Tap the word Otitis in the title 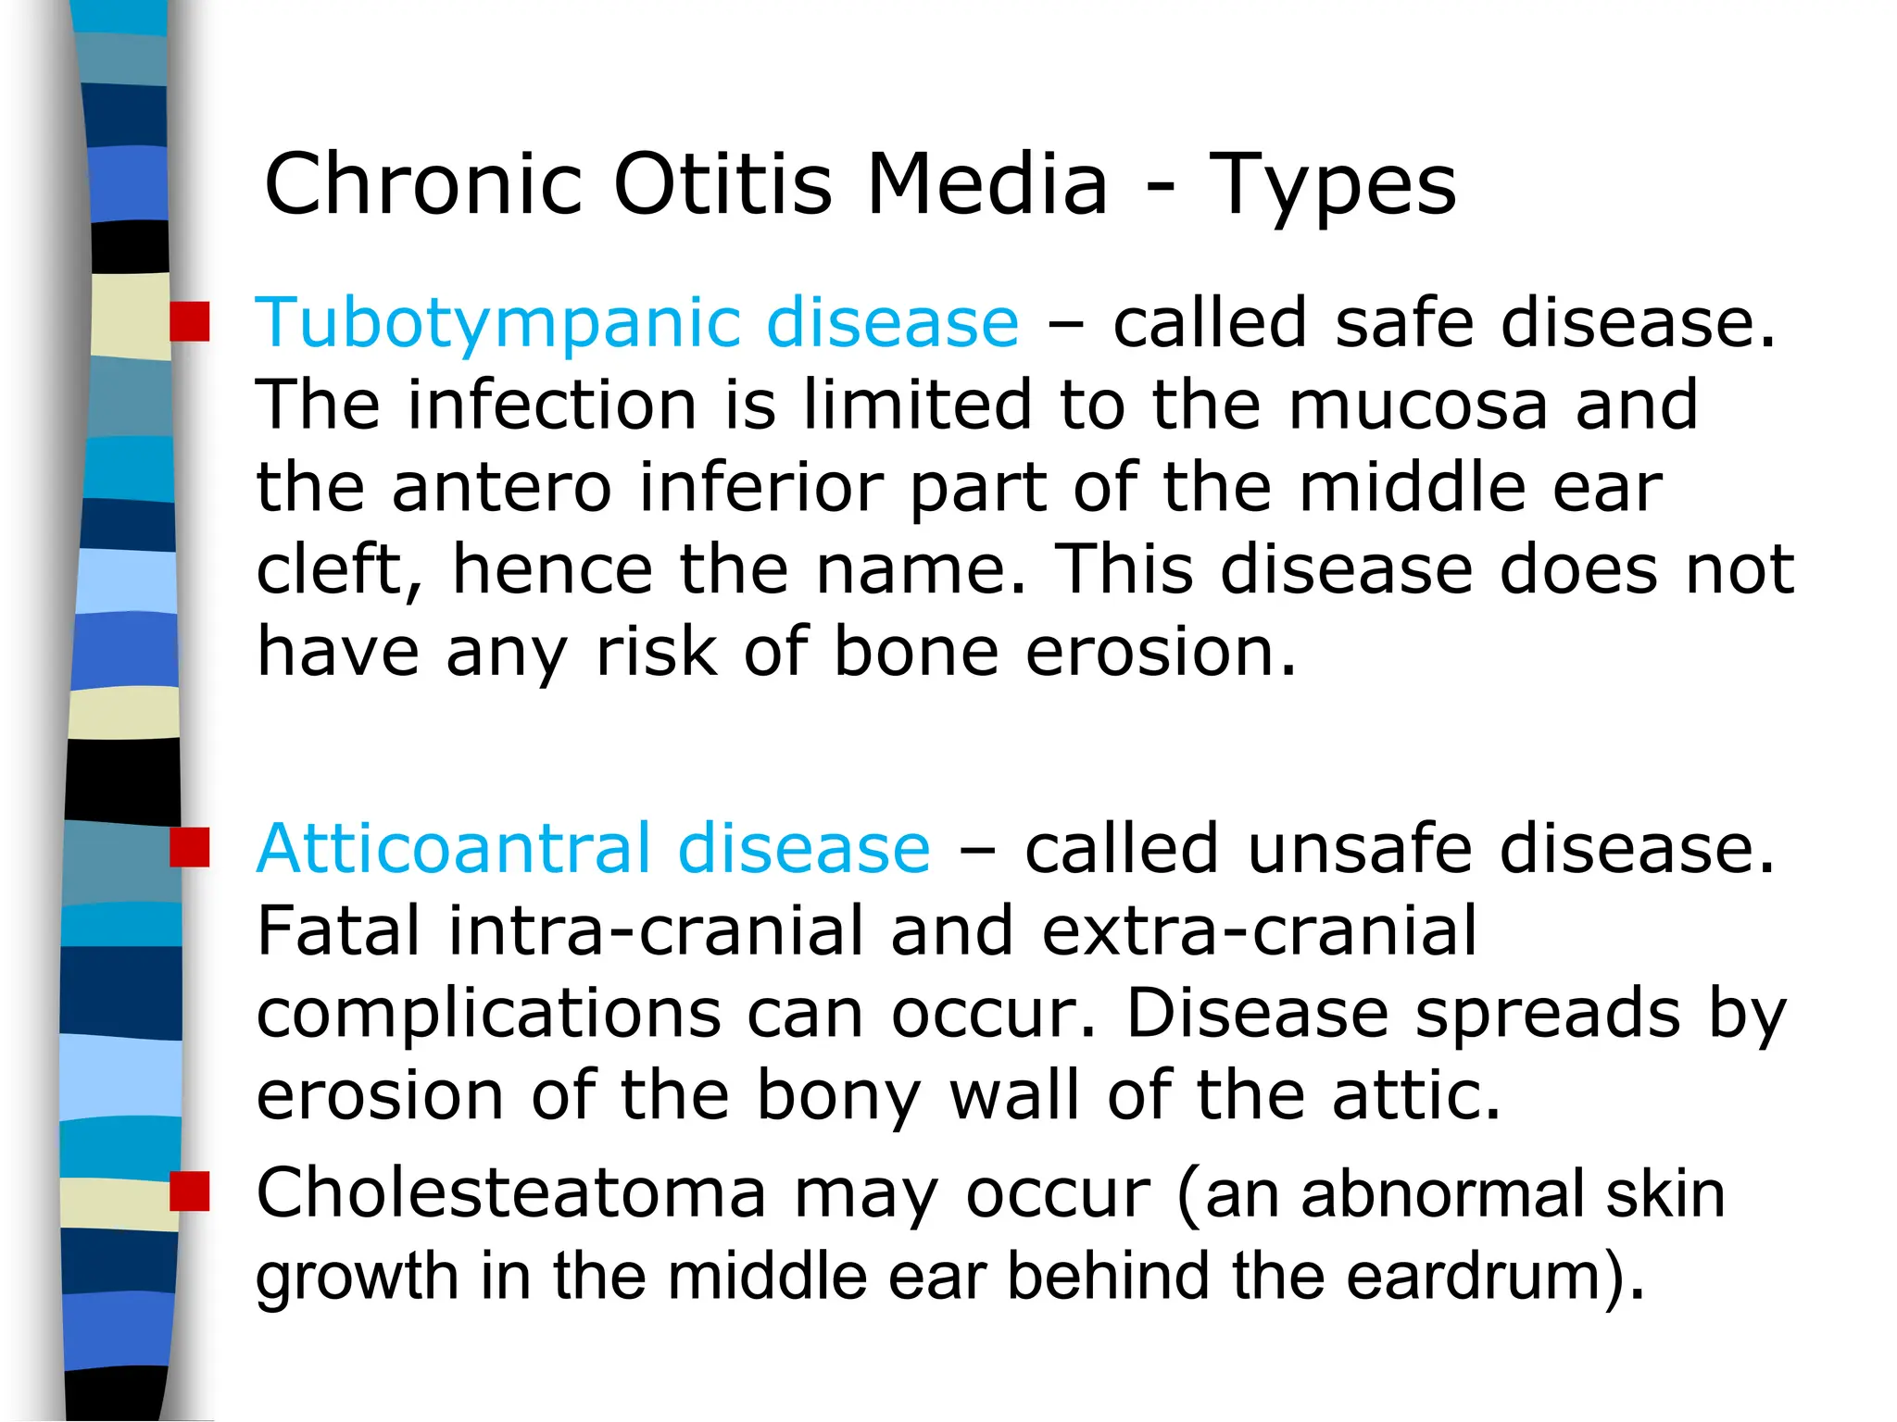click(722, 185)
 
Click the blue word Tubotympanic click(496, 324)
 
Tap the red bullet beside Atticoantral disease click(190, 847)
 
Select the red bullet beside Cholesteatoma click(190, 1191)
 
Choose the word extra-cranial click(1259, 930)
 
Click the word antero click(501, 488)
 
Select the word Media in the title click(986, 185)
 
